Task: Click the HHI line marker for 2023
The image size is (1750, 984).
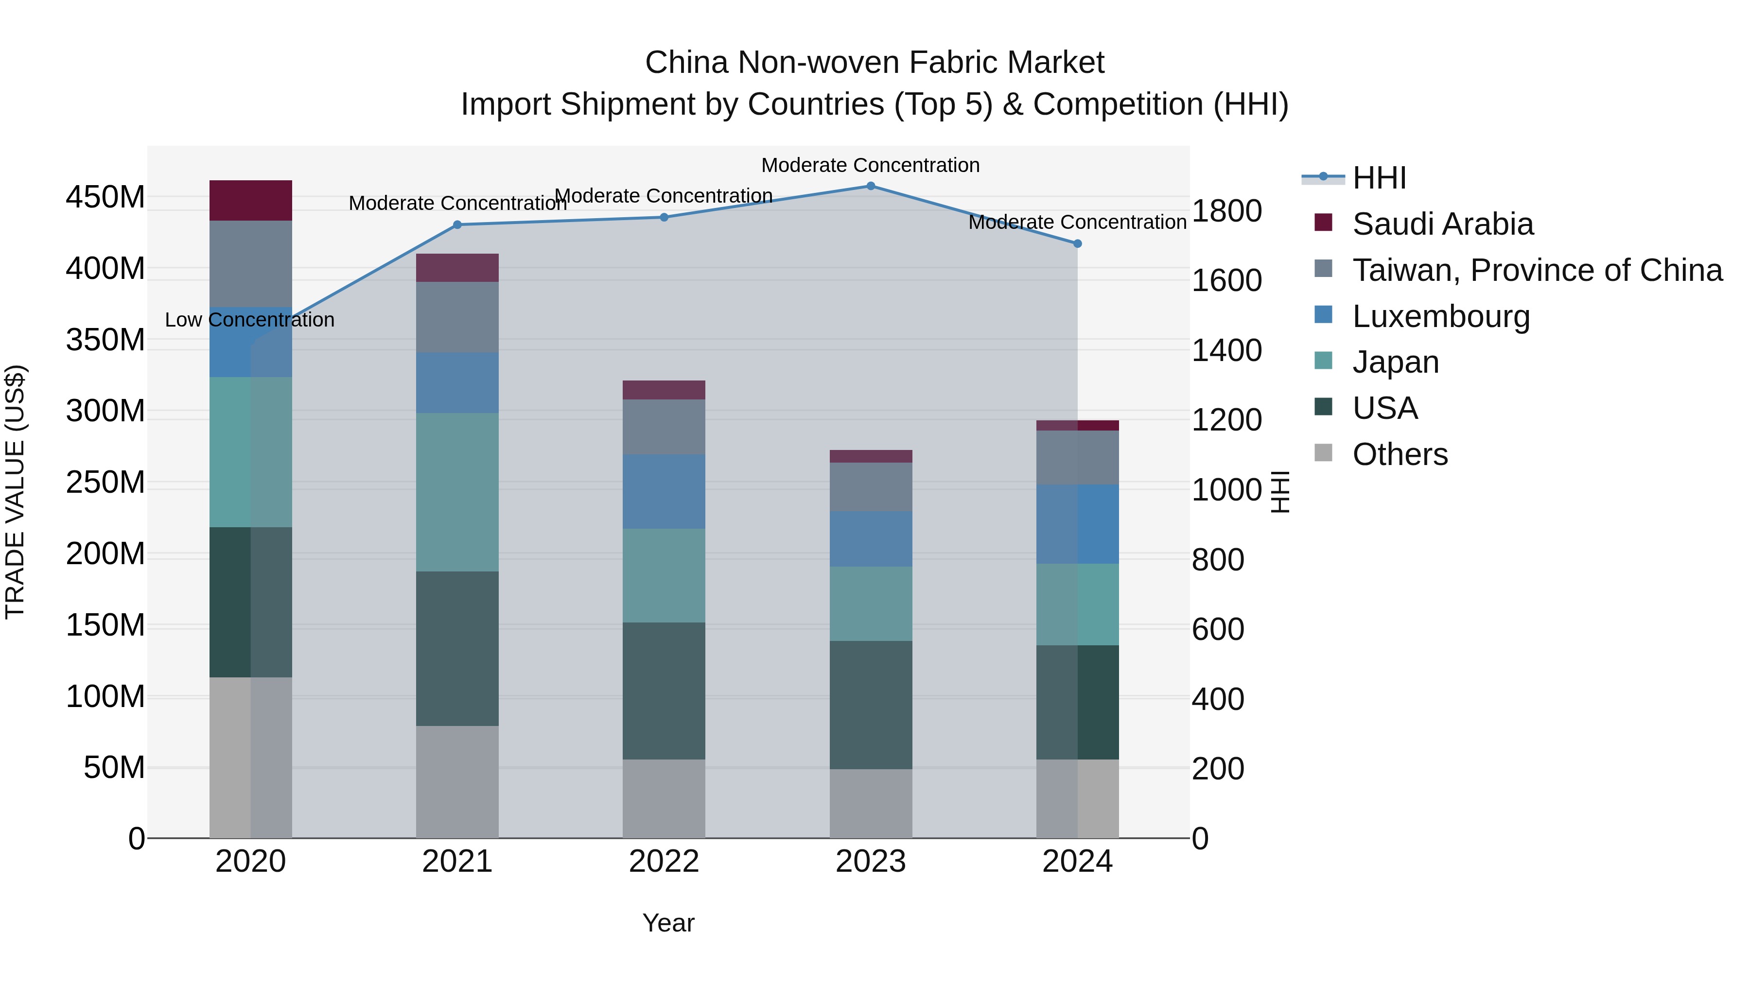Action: click(870, 186)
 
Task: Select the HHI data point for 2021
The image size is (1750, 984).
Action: click(457, 225)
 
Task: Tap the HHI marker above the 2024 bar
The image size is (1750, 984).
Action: click(1077, 243)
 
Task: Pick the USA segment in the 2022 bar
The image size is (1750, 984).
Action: click(664, 691)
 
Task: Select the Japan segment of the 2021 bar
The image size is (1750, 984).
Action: click(457, 492)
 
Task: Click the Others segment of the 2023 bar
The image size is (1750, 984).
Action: click(870, 803)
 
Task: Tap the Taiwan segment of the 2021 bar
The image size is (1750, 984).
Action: click(457, 317)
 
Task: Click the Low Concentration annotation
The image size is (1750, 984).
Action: click(249, 320)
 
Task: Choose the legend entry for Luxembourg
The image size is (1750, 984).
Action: click(1440, 316)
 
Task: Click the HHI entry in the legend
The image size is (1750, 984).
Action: click(1379, 178)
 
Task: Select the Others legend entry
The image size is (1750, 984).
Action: click(1400, 454)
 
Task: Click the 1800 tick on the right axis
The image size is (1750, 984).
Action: click(1227, 211)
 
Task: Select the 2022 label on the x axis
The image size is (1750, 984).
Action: click(664, 862)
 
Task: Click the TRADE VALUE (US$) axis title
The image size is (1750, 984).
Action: click(15, 492)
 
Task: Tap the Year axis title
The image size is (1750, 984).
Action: click(668, 923)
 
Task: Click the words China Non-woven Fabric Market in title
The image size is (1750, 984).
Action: click(875, 63)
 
